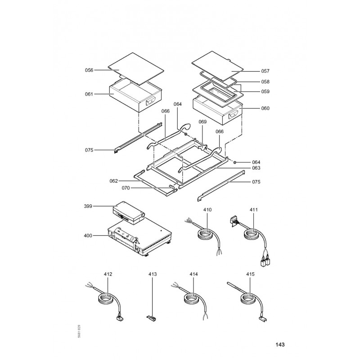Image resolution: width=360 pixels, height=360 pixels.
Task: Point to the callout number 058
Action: tap(265, 82)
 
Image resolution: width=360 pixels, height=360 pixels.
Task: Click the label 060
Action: tap(265, 108)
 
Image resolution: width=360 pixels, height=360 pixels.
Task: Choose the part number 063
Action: tap(256, 167)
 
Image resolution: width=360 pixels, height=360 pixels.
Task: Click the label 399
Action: tap(89, 207)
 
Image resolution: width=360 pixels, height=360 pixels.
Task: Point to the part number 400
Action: tap(89, 235)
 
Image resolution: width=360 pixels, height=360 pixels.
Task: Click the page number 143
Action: tap(279, 345)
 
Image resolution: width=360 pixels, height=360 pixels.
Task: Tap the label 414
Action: tap(193, 274)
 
